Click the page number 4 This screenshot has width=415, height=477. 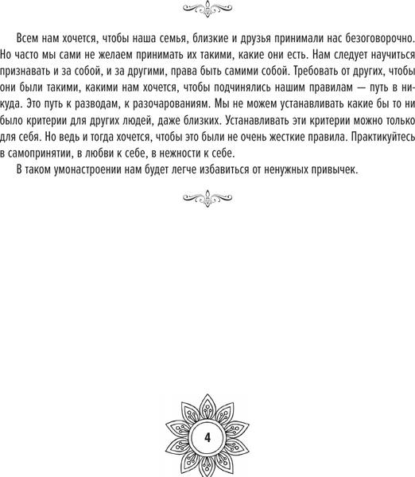click(x=207, y=437)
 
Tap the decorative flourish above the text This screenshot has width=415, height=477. click(x=207, y=10)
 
